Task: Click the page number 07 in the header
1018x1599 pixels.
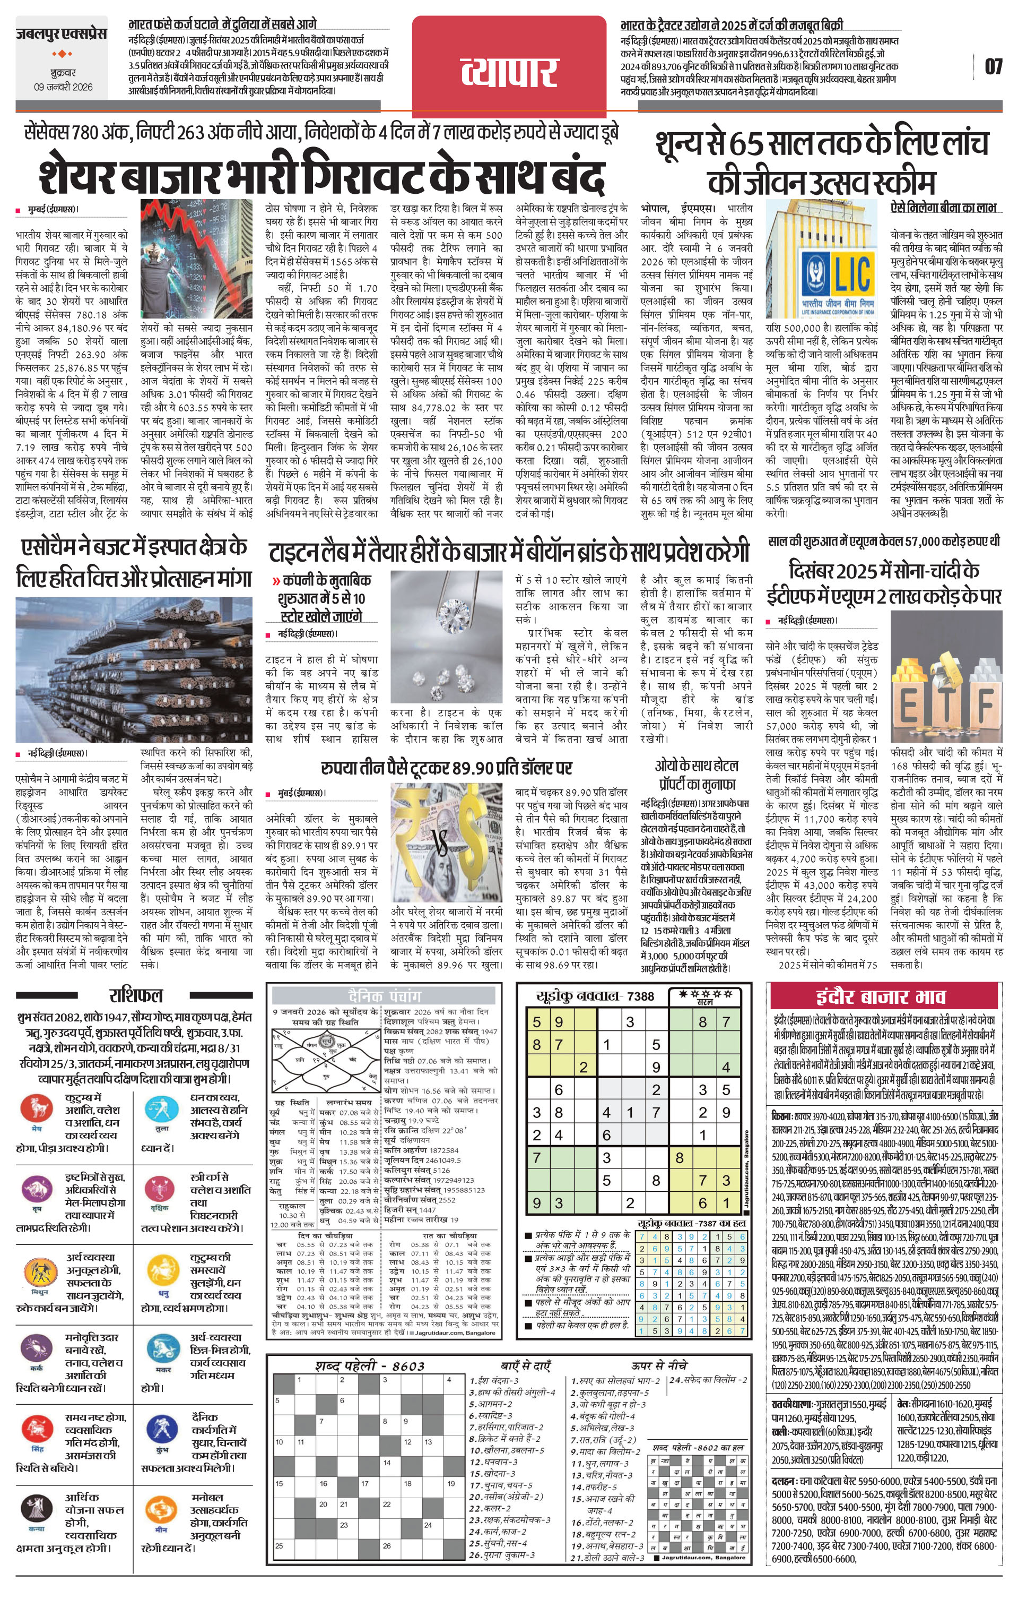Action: (993, 66)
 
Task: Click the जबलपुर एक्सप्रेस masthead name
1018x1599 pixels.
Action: (62, 33)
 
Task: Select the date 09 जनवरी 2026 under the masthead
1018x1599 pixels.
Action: (63, 87)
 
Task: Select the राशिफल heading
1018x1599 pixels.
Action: (135, 995)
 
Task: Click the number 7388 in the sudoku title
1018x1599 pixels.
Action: (640, 996)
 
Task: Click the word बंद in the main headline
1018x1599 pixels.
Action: (575, 175)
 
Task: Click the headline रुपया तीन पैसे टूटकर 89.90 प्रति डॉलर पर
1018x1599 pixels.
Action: (446, 768)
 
